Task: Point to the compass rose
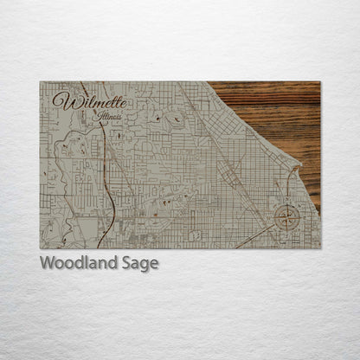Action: (286, 216)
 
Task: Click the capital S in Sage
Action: (124, 263)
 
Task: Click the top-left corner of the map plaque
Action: (41, 82)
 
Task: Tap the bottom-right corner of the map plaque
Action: (319, 247)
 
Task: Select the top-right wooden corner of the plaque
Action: (319, 82)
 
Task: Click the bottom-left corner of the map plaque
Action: (41, 247)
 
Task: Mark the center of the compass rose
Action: (286, 217)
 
